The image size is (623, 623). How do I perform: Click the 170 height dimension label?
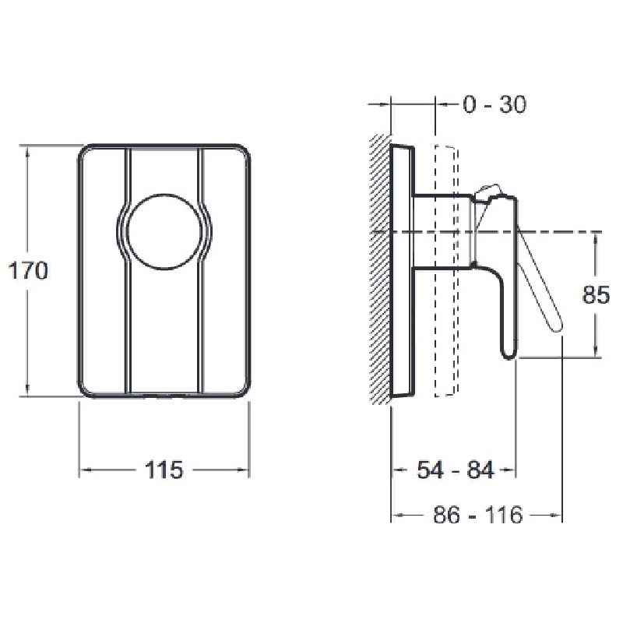click(28, 271)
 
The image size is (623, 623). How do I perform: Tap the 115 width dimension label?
click(164, 470)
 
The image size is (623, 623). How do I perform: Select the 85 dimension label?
click(596, 295)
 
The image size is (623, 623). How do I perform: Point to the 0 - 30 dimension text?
click(495, 104)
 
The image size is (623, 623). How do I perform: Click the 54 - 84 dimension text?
click(456, 470)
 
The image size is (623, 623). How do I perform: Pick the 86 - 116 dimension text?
click(478, 516)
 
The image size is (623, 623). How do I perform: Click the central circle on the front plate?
click(164, 232)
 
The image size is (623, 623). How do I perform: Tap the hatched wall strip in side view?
click(380, 269)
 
